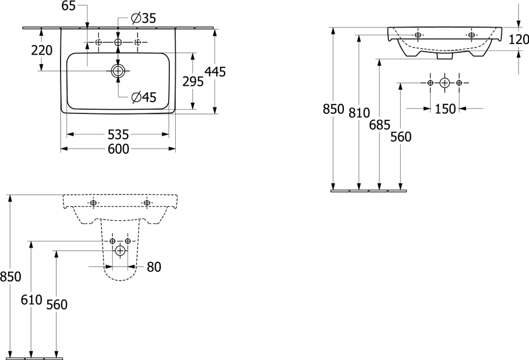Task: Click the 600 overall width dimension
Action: coord(118,149)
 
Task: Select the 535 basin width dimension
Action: coord(118,134)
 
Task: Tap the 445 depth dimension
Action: coord(215,72)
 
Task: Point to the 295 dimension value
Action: coord(193,81)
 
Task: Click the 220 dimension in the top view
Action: coord(42,51)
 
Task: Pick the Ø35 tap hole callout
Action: coord(144,18)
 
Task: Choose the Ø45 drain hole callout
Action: coord(144,97)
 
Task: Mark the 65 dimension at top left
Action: coord(69,6)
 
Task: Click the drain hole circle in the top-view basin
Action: coord(118,71)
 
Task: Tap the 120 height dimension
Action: coord(518,39)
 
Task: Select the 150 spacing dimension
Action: coord(445,109)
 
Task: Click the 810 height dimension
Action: coord(359,113)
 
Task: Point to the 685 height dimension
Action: coord(380,125)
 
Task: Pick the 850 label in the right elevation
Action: coord(333,109)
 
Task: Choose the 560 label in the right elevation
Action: coord(401,137)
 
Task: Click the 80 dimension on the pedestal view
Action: coord(154,267)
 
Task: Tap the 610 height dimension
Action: coord(31,300)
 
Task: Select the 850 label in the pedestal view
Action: coord(11,277)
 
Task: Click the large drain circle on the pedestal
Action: coord(120,250)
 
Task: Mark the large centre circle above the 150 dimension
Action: coord(445,83)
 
